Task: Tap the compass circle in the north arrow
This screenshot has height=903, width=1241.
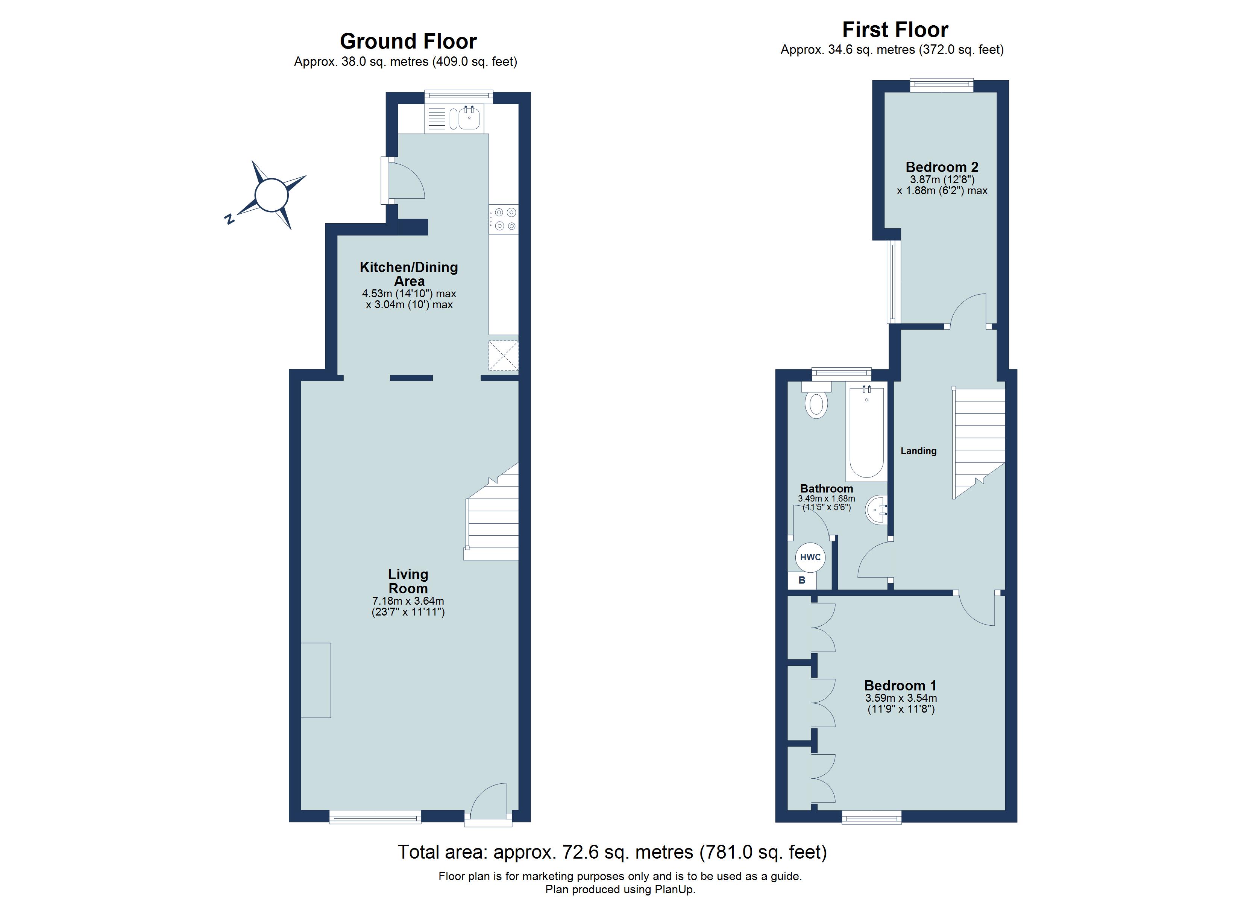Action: [x=272, y=195]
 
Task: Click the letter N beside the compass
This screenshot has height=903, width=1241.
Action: [x=230, y=220]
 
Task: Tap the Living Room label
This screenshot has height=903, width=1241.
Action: [x=408, y=581]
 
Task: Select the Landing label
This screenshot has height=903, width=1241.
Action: [x=919, y=451]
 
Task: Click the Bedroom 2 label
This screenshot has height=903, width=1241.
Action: [x=942, y=167]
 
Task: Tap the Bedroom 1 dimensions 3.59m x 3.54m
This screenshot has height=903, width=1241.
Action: [x=901, y=698]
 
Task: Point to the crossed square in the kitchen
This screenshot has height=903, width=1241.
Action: [x=503, y=356]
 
